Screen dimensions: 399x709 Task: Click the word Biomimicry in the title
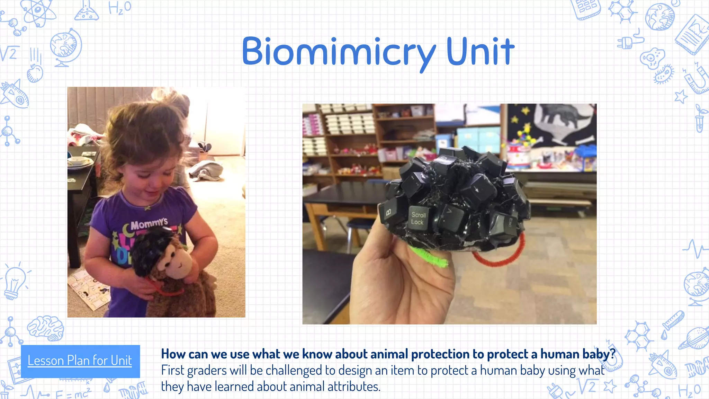[338, 52]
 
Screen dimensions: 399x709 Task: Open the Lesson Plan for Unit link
[80, 361]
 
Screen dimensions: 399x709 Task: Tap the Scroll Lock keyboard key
[418, 218]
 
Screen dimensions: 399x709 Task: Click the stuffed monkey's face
[175, 262]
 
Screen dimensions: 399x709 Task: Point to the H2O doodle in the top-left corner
[119, 8]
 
